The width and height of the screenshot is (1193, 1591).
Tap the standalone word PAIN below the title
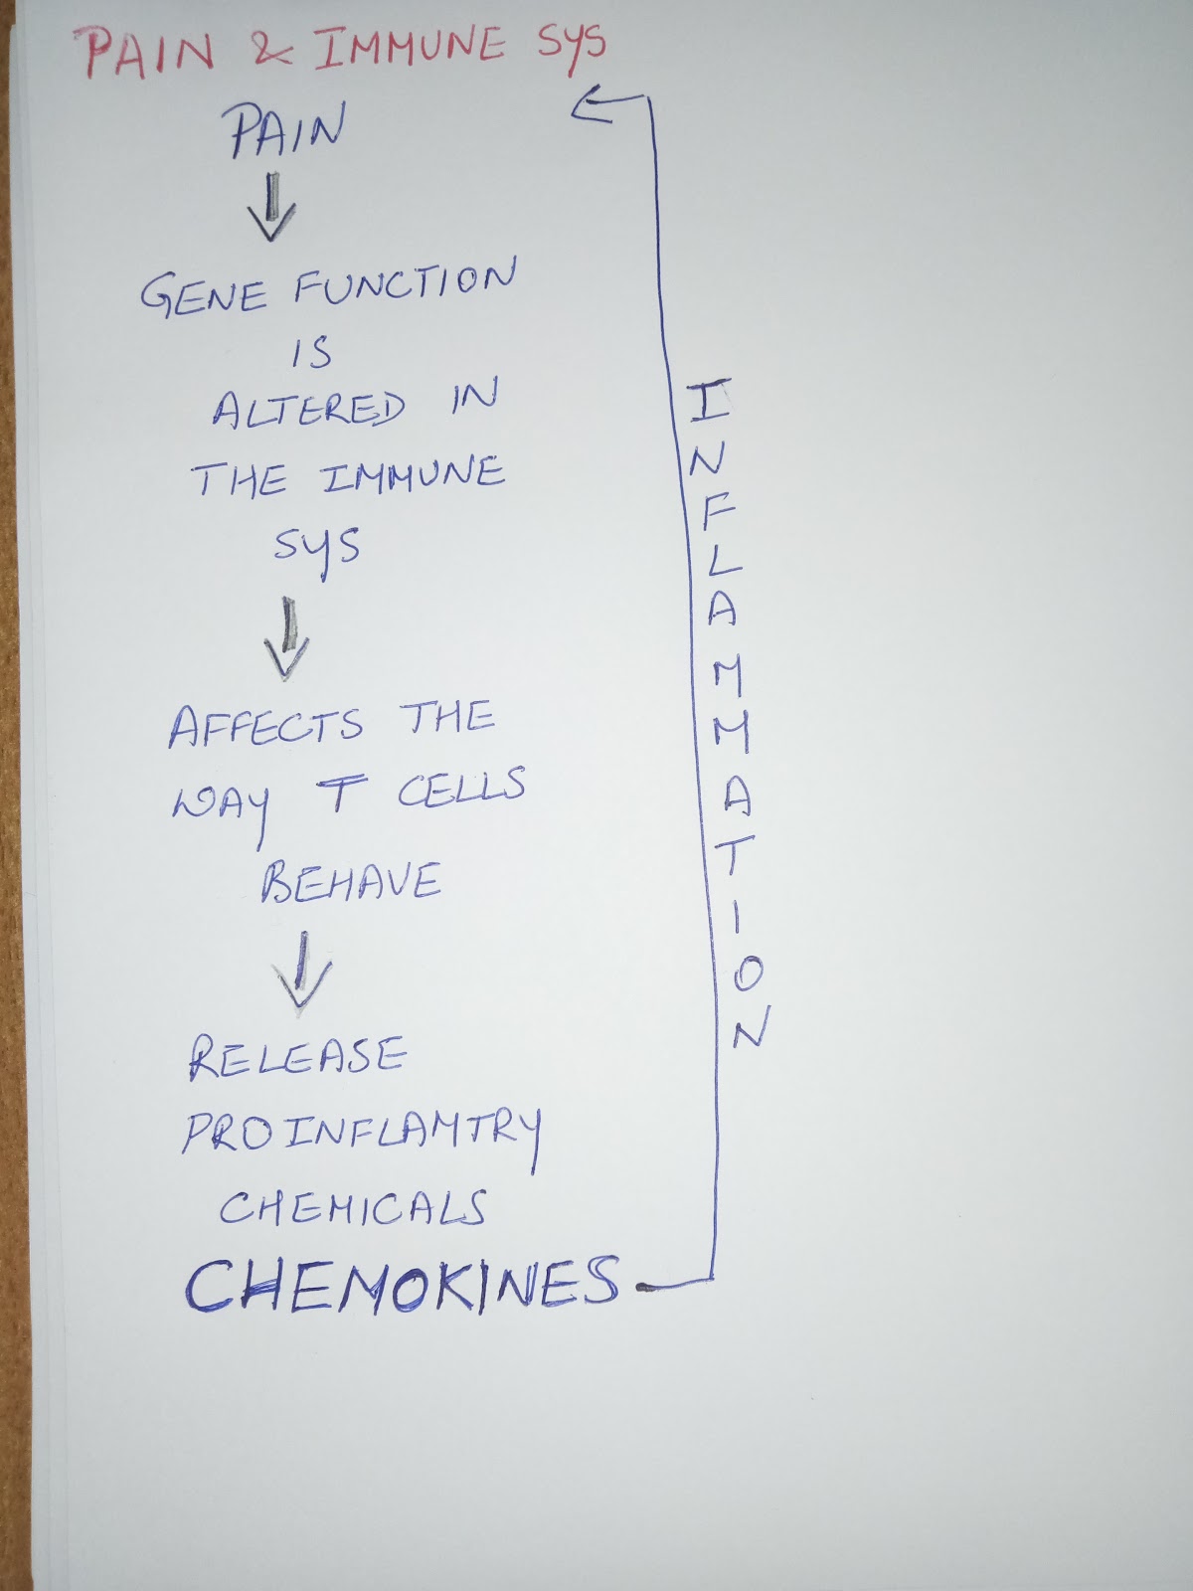point(286,131)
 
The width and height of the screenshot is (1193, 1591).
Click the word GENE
point(203,295)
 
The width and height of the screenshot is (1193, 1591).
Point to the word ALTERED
point(307,409)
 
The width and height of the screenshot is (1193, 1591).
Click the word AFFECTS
point(265,727)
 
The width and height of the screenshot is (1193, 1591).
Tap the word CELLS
point(460,789)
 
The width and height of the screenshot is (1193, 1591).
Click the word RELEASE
point(297,1057)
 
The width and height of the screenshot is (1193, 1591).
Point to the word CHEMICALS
point(352,1208)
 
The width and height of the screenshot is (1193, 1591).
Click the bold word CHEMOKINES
point(402,1286)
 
